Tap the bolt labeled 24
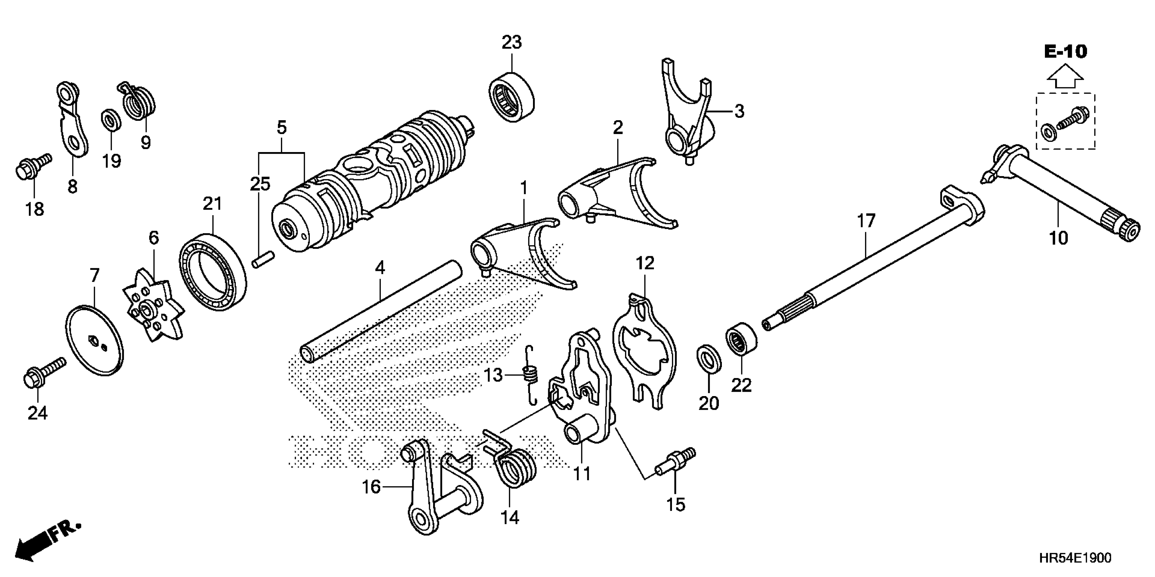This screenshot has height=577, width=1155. pos(42,372)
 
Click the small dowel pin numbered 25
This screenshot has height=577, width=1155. pos(262,261)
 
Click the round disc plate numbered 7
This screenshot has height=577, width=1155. pos(95,340)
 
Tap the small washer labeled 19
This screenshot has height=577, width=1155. pos(110,121)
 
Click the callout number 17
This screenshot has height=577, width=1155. pos(866,221)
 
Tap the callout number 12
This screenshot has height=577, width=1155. pos(645,263)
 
